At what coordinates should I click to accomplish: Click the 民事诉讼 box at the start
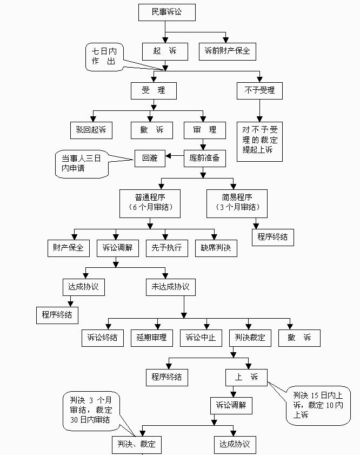click(x=166, y=12)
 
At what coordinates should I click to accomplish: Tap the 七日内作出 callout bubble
click(x=104, y=57)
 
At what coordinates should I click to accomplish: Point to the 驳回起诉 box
click(x=91, y=130)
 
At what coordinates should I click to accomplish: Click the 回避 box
click(x=149, y=157)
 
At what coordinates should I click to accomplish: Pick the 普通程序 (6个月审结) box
click(x=150, y=202)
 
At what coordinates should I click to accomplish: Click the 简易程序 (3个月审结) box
click(x=237, y=202)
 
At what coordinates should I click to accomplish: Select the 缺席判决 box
click(x=216, y=248)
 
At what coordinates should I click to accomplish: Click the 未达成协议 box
click(x=170, y=287)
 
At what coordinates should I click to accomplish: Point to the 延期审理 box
click(x=151, y=338)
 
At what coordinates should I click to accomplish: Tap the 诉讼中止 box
click(x=201, y=338)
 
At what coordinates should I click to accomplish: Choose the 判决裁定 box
click(x=250, y=338)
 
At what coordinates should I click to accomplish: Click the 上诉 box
click(x=246, y=377)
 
